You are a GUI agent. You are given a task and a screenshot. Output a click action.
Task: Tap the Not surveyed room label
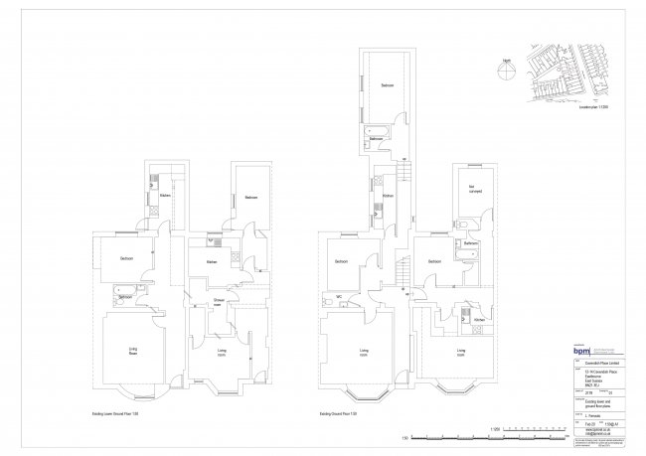pyautogui.click(x=462, y=189)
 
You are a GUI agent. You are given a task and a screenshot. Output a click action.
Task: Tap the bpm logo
pyautogui.click(x=582, y=350)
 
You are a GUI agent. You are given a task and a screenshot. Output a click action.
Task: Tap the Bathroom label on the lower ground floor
pyautogui.click(x=125, y=297)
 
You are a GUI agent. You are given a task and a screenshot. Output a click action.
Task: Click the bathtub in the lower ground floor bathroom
pyautogui.click(x=105, y=297)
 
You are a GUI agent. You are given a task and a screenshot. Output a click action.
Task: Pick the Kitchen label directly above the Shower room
pyautogui.click(x=212, y=261)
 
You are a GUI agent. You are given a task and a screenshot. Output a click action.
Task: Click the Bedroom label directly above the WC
pyautogui.click(x=341, y=261)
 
